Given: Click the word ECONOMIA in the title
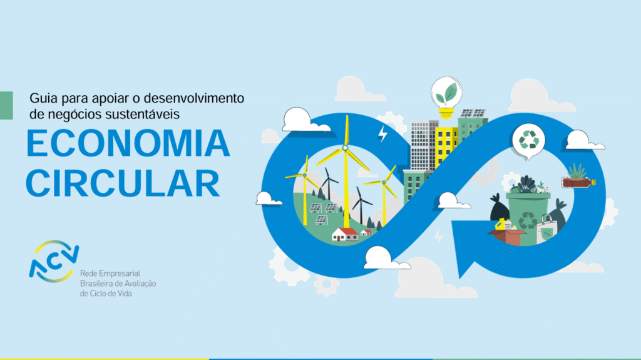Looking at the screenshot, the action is click(128, 143).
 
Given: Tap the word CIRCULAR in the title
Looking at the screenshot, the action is click(123, 183).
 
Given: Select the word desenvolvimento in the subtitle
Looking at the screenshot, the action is click(194, 98).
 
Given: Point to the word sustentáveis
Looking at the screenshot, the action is click(142, 114).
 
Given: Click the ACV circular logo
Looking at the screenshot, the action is click(54, 262).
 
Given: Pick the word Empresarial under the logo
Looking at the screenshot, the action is click(120, 273).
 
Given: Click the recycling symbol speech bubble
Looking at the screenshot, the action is click(528, 141).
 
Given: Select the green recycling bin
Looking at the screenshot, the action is click(528, 218).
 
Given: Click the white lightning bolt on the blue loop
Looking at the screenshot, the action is click(382, 134).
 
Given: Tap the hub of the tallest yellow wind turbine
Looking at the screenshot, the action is click(346, 148).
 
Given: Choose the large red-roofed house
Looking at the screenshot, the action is click(345, 234).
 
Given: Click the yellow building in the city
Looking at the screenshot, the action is click(445, 147).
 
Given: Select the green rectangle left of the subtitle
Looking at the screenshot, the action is click(6, 105).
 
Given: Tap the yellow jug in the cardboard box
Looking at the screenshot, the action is click(500, 224).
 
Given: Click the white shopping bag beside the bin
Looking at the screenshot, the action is click(546, 230).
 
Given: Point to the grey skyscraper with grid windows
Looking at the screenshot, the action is click(423, 145).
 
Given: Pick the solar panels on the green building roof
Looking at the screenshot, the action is click(473, 113).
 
